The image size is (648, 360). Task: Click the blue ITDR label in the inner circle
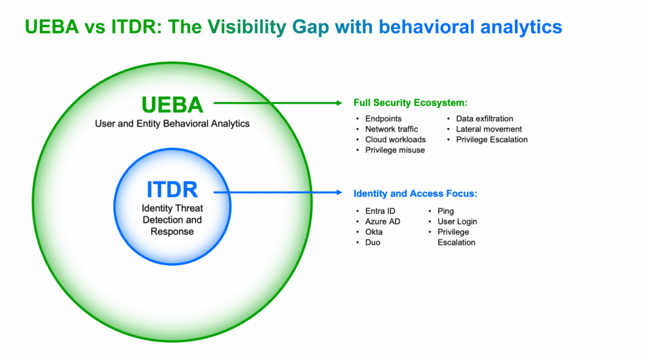[x=172, y=190]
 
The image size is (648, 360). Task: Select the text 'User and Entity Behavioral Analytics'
[x=172, y=123]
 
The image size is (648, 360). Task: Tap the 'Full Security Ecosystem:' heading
[x=410, y=102]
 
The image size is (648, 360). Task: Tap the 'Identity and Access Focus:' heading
[x=415, y=194]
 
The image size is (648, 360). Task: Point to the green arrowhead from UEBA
[x=337, y=102]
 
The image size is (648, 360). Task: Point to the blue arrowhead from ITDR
[x=337, y=193]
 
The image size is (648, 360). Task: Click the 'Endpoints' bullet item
[x=383, y=118]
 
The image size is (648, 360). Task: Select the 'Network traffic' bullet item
[x=391, y=129]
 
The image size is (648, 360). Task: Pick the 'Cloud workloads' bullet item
[x=395, y=139]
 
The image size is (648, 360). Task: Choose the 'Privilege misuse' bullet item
[x=395, y=150]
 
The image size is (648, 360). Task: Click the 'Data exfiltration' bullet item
[x=484, y=118]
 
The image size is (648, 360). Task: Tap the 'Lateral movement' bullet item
[x=489, y=129]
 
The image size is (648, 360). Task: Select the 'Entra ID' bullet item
[x=380, y=211]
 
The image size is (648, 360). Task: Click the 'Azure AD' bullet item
[x=382, y=221]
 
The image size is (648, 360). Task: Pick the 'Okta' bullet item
[x=373, y=232]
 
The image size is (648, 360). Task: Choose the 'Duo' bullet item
[x=373, y=242]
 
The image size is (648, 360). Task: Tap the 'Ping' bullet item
[x=445, y=211]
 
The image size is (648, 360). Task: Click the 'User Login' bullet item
[x=457, y=221]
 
